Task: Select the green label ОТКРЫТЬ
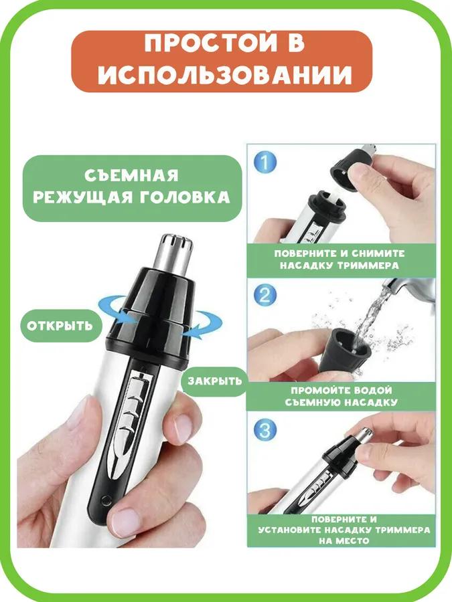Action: pyautogui.click(x=60, y=326)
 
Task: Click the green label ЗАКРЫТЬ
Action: pyautogui.click(x=214, y=381)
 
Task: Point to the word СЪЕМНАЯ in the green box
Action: pyautogui.click(x=132, y=175)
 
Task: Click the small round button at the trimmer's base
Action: pyautogui.click(x=103, y=499)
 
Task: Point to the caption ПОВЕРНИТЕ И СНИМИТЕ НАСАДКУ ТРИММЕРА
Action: pyautogui.click(x=340, y=259)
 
